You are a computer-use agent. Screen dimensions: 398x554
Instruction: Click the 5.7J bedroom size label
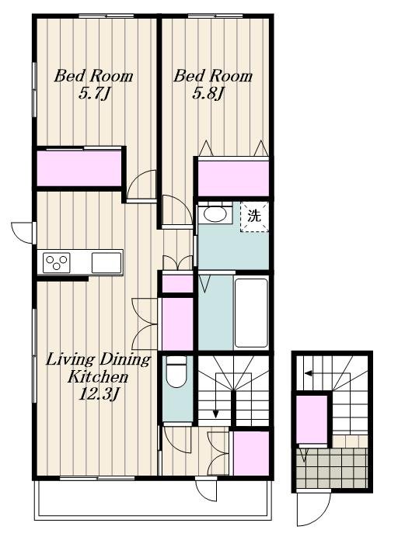click(x=95, y=94)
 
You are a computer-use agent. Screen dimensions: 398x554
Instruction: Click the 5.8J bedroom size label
click(x=208, y=94)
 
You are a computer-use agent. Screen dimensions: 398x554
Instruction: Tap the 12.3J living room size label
click(x=98, y=394)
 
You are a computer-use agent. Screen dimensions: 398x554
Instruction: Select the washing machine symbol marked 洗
click(x=254, y=216)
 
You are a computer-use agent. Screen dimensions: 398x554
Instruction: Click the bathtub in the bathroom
click(x=251, y=313)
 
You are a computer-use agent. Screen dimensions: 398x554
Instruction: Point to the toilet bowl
click(x=176, y=372)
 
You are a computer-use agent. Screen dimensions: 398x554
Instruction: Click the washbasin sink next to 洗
click(x=215, y=214)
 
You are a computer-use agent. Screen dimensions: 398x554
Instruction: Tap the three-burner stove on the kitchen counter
click(x=57, y=263)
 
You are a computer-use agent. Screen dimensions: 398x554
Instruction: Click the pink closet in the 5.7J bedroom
click(x=79, y=168)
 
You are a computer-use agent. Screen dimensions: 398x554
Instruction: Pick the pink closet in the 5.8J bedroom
click(x=233, y=178)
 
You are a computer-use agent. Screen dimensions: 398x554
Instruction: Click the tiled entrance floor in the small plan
click(x=332, y=468)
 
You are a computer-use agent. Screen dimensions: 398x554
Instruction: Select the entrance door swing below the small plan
click(x=313, y=507)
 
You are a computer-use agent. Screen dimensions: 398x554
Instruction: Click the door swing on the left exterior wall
click(x=23, y=233)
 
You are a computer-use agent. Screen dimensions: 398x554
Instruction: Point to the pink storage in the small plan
click(x=312, y=420)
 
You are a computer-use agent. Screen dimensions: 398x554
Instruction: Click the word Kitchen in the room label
click(x=98, y=377)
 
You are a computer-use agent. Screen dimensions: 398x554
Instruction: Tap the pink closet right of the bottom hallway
click(x=251, y=453)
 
